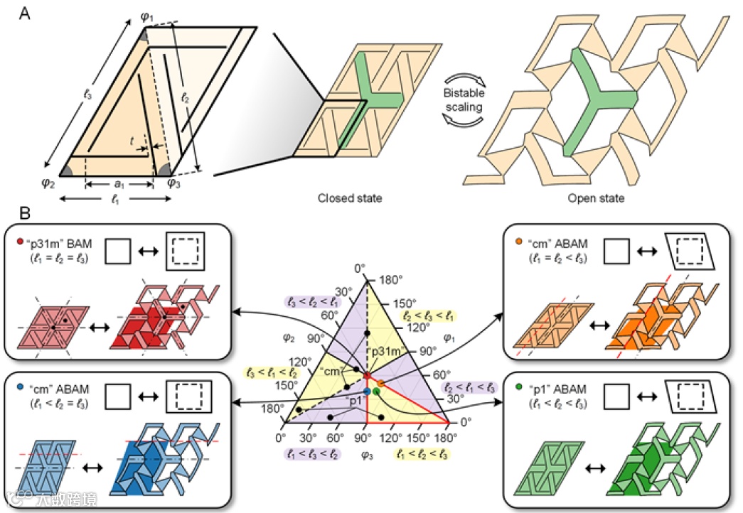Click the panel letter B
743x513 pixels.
[x=23, y=212]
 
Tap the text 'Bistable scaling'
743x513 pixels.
[x=466, y=102]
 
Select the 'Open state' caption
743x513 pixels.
[x=596, y=198]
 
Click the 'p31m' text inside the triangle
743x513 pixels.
[x=385, y=351]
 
